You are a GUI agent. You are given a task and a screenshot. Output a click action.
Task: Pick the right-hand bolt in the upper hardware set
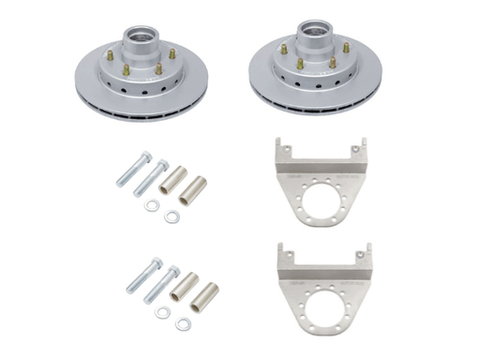click(x=152, y=175)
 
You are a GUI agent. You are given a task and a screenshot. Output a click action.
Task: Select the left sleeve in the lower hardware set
click(x=184, y=282)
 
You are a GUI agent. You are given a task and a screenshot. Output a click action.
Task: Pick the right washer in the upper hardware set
click(x=171, y=217)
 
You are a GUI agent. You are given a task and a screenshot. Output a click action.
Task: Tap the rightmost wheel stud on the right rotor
click(x=346, y=47)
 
